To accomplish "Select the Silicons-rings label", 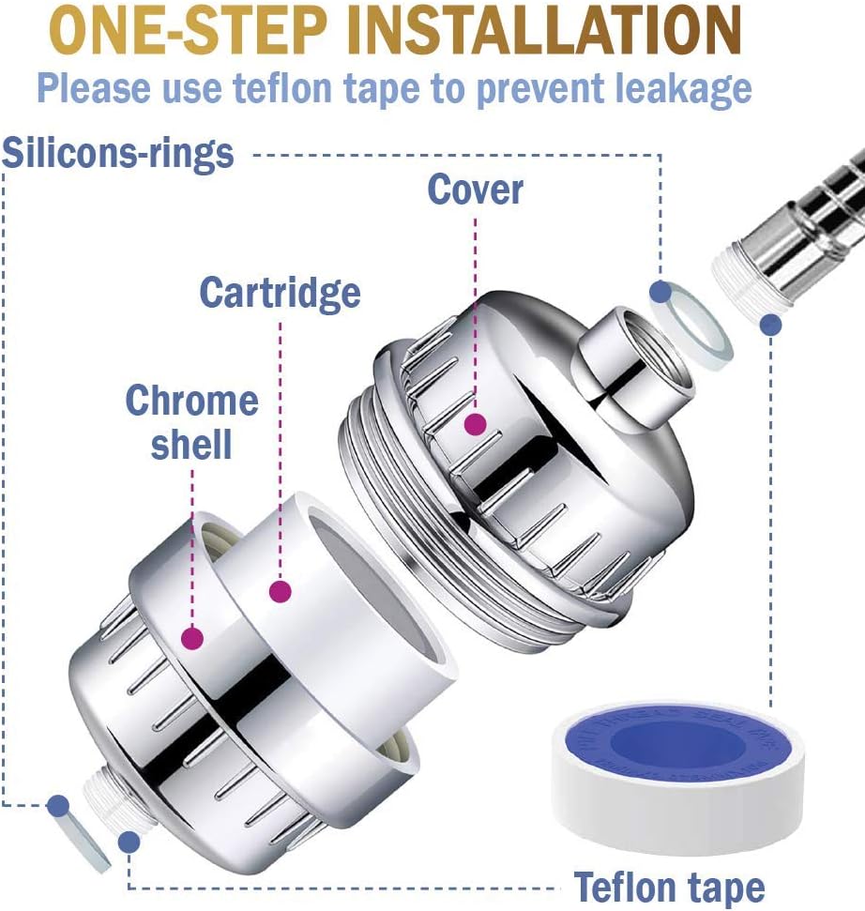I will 117,153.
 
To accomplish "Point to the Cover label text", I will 475,190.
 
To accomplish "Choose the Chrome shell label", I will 191,421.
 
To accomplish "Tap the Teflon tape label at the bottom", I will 669,886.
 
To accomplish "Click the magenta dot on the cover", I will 476,424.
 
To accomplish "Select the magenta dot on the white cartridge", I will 279,591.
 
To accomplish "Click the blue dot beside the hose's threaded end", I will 770,326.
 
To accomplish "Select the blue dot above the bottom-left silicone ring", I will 58,804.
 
